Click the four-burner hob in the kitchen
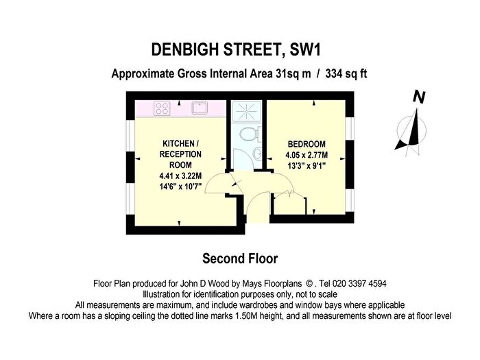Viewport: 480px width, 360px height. [162, 108]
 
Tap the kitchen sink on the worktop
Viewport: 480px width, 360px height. [200, 108]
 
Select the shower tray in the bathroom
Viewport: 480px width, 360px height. [246, 111]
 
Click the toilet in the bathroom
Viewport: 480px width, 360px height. [251, 134]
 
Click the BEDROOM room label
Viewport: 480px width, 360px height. [307, 144]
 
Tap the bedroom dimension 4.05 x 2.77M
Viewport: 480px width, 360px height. [307, 155]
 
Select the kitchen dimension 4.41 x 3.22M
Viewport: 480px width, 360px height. [180, 176]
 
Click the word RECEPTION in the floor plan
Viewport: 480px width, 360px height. [180, 154]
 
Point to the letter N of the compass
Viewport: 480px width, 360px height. [419, 97]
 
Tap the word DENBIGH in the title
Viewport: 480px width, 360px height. [184, 49]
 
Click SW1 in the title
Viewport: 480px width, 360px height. [304, 49]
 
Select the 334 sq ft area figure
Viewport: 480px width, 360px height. [346, 74]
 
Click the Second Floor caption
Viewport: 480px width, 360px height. [240, 259]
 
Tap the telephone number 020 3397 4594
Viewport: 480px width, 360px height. [359, 283]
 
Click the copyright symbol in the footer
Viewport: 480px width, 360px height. [309, 284]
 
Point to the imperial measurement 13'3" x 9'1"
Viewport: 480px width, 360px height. [307, 166]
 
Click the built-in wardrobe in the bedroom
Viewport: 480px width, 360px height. [289, 204]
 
